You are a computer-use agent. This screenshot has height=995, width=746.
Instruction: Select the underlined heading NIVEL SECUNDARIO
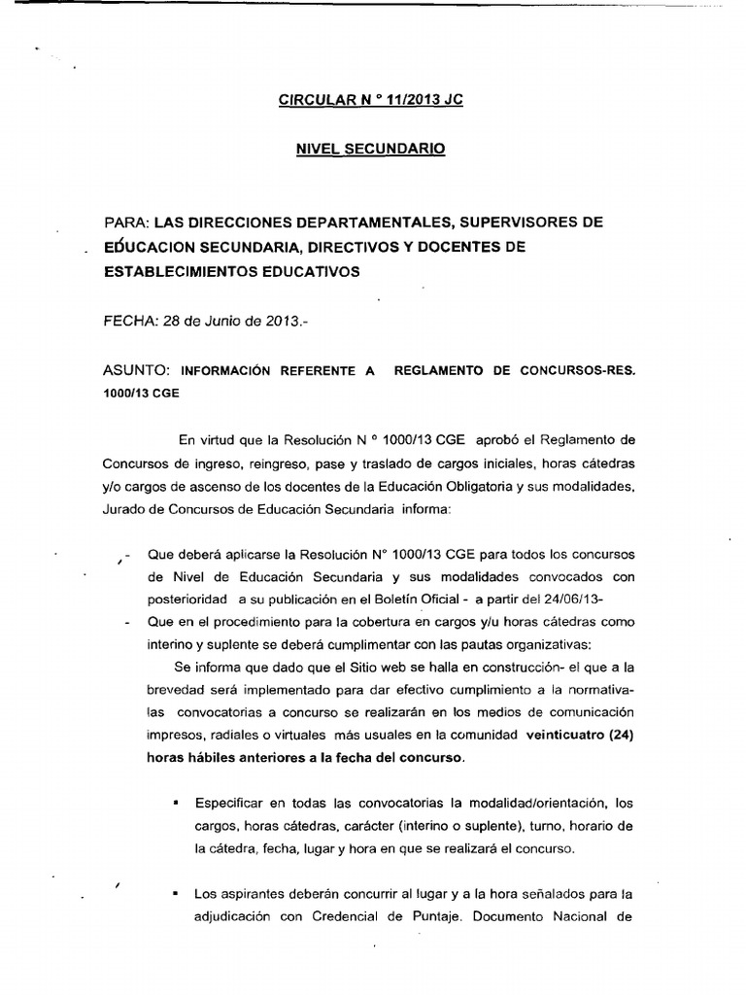(x=371, y=150)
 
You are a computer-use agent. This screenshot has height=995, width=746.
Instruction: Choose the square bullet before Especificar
(x=176, y=804)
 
